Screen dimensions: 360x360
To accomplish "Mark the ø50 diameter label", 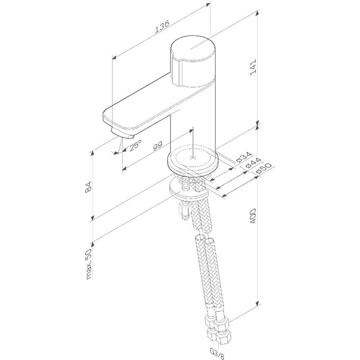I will [260, 169].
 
